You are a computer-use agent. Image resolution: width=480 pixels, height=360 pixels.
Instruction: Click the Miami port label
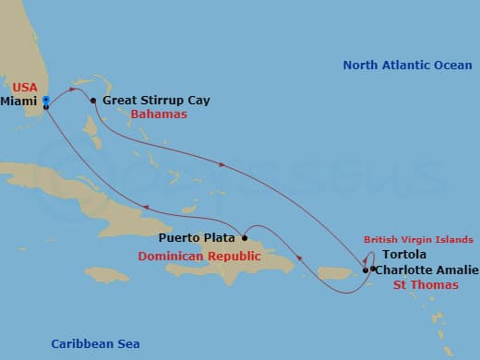click(21, 100)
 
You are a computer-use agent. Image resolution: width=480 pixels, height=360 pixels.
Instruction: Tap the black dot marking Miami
click(46, 107)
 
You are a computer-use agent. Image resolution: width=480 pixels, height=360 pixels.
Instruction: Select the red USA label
click(25, 87)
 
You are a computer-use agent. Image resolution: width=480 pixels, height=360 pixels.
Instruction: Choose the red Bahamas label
click(159, 114)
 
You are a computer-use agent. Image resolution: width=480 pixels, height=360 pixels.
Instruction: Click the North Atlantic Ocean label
click(406, 65)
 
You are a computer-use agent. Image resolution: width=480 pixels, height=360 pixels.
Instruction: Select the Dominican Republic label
click(199, 256)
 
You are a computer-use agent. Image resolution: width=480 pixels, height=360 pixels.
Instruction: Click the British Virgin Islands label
click(418, 238)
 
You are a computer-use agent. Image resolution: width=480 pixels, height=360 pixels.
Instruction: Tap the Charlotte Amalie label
click(427, 270)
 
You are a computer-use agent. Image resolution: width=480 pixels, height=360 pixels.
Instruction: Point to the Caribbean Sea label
click(95, 343)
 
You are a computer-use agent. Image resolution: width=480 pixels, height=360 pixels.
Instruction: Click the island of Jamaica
click(107, 274)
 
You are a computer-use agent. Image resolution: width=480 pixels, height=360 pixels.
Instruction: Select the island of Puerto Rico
click(338, 273)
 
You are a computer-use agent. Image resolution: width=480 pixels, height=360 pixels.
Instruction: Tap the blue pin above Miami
click(46, 99)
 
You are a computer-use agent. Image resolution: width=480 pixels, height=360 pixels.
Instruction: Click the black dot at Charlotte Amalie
click(372, 270)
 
